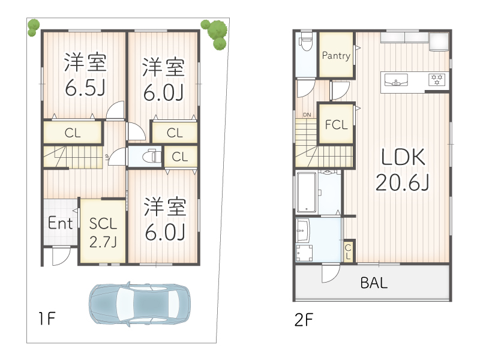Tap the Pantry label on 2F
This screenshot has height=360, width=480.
336,56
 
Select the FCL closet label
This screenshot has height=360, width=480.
336,125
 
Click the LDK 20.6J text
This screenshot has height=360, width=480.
403,170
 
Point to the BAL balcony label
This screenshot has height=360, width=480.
374,283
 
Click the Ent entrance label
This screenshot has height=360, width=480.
61,223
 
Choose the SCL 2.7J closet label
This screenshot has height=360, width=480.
103,233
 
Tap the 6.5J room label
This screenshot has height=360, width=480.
85,88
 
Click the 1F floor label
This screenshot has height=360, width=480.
47,319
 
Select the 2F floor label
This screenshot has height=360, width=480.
304,320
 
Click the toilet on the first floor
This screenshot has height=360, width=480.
152,157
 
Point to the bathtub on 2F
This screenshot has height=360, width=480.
307,192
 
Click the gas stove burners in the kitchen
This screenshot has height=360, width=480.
437,80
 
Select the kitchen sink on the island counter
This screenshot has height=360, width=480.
396,80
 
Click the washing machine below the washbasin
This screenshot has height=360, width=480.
304,253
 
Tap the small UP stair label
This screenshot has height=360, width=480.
107,157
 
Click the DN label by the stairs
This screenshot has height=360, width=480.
307,115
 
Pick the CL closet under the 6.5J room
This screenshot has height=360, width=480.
73,133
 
